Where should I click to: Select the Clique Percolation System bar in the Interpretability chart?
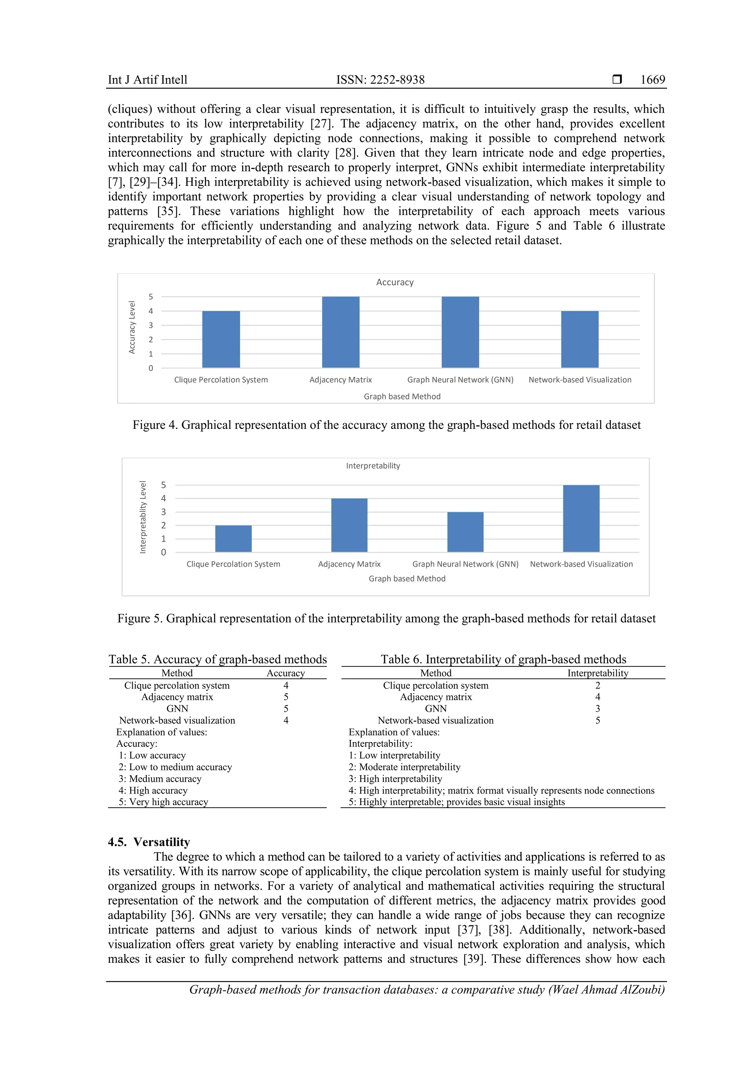click(x=233, y=539)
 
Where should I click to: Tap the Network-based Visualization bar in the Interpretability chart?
click(x=581, y=518)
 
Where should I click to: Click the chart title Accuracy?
click(x=395, y=282)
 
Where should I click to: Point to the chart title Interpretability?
click(x=373, y=466)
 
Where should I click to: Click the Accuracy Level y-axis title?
click(x=132, y=327)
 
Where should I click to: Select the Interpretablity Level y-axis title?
click(x=143, y=517)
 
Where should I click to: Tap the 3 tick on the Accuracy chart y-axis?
click(x=151, y=325)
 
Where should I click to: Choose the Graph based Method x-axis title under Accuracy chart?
click(x=402, y=396)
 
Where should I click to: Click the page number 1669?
click(x=652, y=80)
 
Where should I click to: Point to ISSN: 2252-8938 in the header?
click(x=380, y=80)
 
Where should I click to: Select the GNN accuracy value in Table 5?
click(x=286, y=708)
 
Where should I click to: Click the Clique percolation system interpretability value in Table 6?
click(x=597, y=685)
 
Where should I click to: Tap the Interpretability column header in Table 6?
click(x=597, y=673)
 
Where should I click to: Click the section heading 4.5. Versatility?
click(x=149, y=842)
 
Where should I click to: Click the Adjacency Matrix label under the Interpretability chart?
click(x=349, y=564)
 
